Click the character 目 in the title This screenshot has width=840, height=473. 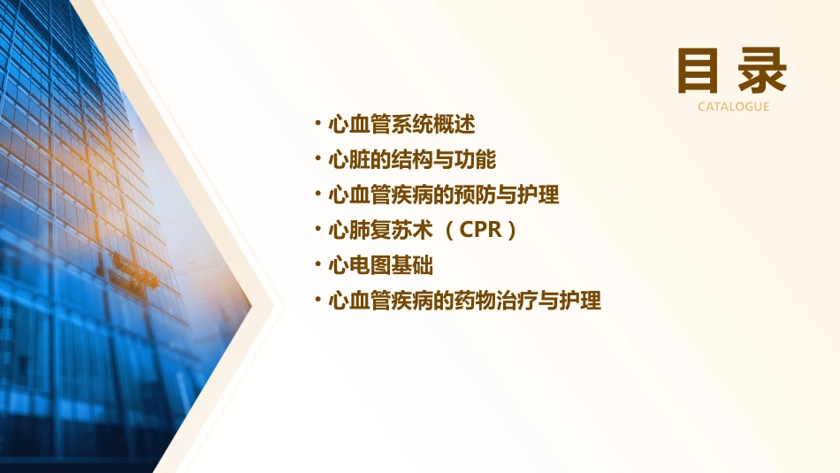click(x=699, y=71)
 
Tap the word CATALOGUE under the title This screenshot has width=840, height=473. click(x=733, y=107)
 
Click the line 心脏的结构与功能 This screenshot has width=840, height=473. click(x=412, y=159)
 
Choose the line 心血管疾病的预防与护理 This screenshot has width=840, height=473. click(x=443, y=195)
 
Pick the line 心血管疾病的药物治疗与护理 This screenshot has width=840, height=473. click(x=464, y=301)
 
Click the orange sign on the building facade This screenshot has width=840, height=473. click(x=134, y=268)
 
